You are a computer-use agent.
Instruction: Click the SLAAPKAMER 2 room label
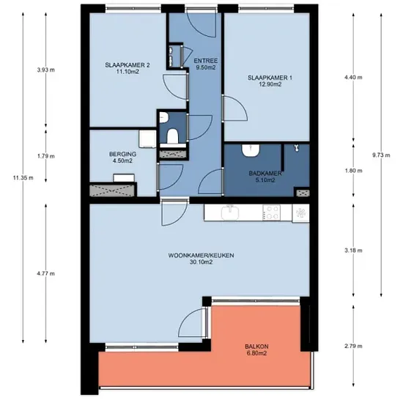[x=127, y=65]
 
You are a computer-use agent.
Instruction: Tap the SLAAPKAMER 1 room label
[x=270, y=78]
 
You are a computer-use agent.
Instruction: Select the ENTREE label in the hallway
[x=206, y=61]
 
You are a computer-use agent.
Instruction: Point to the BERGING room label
[x=122, y=154]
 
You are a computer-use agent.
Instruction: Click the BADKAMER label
[x=265, y=174]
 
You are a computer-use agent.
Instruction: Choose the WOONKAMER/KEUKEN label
[x=201, y=256]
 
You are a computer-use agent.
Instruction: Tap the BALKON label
[x=256, y=347]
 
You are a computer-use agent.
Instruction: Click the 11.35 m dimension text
[x=23, y=177]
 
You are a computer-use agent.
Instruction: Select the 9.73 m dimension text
[x=381, y=155]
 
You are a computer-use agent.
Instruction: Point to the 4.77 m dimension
[x=45, y=273]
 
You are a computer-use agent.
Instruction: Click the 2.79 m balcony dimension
[x=353, y=346]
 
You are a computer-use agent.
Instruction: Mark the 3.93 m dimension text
[x=45, y=70]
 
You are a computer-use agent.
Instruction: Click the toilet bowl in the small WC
[x=172, y=136]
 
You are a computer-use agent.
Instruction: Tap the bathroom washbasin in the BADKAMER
[x=250, y=150]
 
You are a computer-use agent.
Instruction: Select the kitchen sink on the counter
[x=230, y=212]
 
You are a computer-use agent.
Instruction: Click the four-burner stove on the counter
[x=271, y=212]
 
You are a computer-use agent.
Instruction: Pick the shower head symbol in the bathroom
[x=297, y=148]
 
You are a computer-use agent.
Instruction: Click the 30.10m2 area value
[x=201, y=262]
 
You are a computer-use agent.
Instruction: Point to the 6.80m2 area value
[x=256, y=353]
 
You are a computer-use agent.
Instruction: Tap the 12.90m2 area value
[x=270, y=84]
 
